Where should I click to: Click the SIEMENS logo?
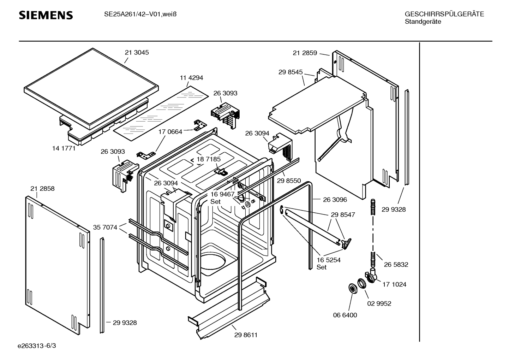click(x=46, y=15)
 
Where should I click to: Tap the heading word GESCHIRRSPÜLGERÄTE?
click(x=444, y=14)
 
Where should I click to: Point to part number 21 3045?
click(x=137, y=53)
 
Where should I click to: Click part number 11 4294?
click(x=191, y=78)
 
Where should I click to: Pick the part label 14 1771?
click(x=64, y=148)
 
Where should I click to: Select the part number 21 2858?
click(x=42, y=189)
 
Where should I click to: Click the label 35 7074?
click(x=105, y=228)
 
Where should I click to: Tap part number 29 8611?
click(x=246, y=335)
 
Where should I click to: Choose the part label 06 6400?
click(x=345, y=315)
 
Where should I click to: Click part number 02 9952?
click(x=379, y=303)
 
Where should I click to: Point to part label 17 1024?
click(x=394, y=284)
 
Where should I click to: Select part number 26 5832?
click(x=396, y=265)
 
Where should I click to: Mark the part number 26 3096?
click(x=335, y=200)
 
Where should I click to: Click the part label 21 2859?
click(x=305, y=53)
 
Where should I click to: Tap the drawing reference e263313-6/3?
click(x=37, y=346)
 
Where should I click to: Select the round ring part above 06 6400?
click(x=352, y=288)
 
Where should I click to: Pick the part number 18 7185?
click(x=209, y=159)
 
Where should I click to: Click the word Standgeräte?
click(x=423, y=22)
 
